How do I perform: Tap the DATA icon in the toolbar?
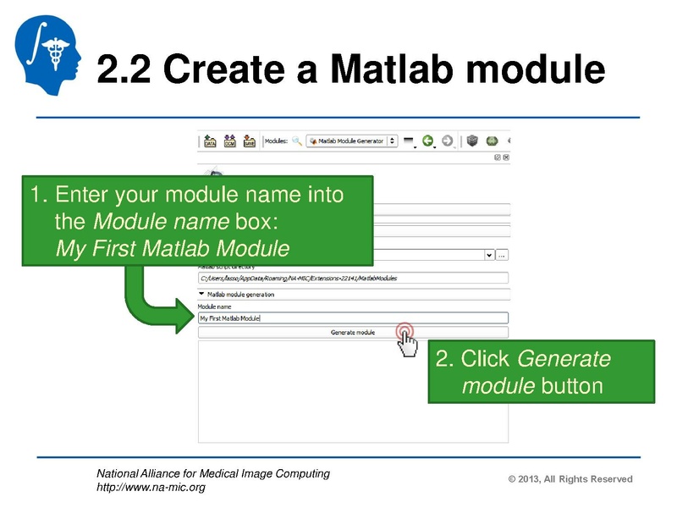pos(211,141)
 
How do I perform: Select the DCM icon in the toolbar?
pos(230,141)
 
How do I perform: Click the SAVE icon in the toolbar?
pos(250,141)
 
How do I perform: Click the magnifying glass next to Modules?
pos(297,141)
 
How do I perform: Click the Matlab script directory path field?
pos(353,278)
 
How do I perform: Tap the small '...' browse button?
pos(502,254)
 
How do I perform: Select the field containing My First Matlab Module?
pos(353,318)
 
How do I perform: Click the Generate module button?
pos(353,333)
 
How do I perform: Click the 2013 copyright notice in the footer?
pos(570,479)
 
